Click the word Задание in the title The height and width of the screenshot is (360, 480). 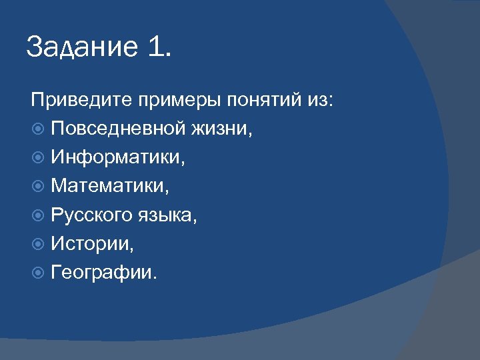79,48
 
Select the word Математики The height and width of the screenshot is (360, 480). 110,186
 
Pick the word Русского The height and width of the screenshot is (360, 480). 97,215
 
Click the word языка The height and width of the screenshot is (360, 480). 175,215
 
